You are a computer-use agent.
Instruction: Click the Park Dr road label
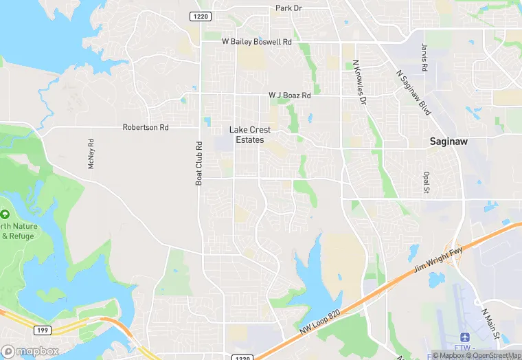(288, 8)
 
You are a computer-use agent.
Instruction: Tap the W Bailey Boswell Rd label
(257, 42)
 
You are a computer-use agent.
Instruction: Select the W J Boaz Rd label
(289, 95)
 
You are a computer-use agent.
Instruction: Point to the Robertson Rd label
(146, 127)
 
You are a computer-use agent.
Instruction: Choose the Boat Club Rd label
(199, 164)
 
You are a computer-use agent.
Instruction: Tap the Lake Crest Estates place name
(249, 135)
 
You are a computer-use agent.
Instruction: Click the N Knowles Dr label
(359, 81)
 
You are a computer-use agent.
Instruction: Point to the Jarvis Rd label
(424, 58)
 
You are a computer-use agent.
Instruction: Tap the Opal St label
(427, 183)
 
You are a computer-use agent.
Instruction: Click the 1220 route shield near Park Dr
(201, 16)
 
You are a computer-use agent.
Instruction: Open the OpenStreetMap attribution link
(492, 355)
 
